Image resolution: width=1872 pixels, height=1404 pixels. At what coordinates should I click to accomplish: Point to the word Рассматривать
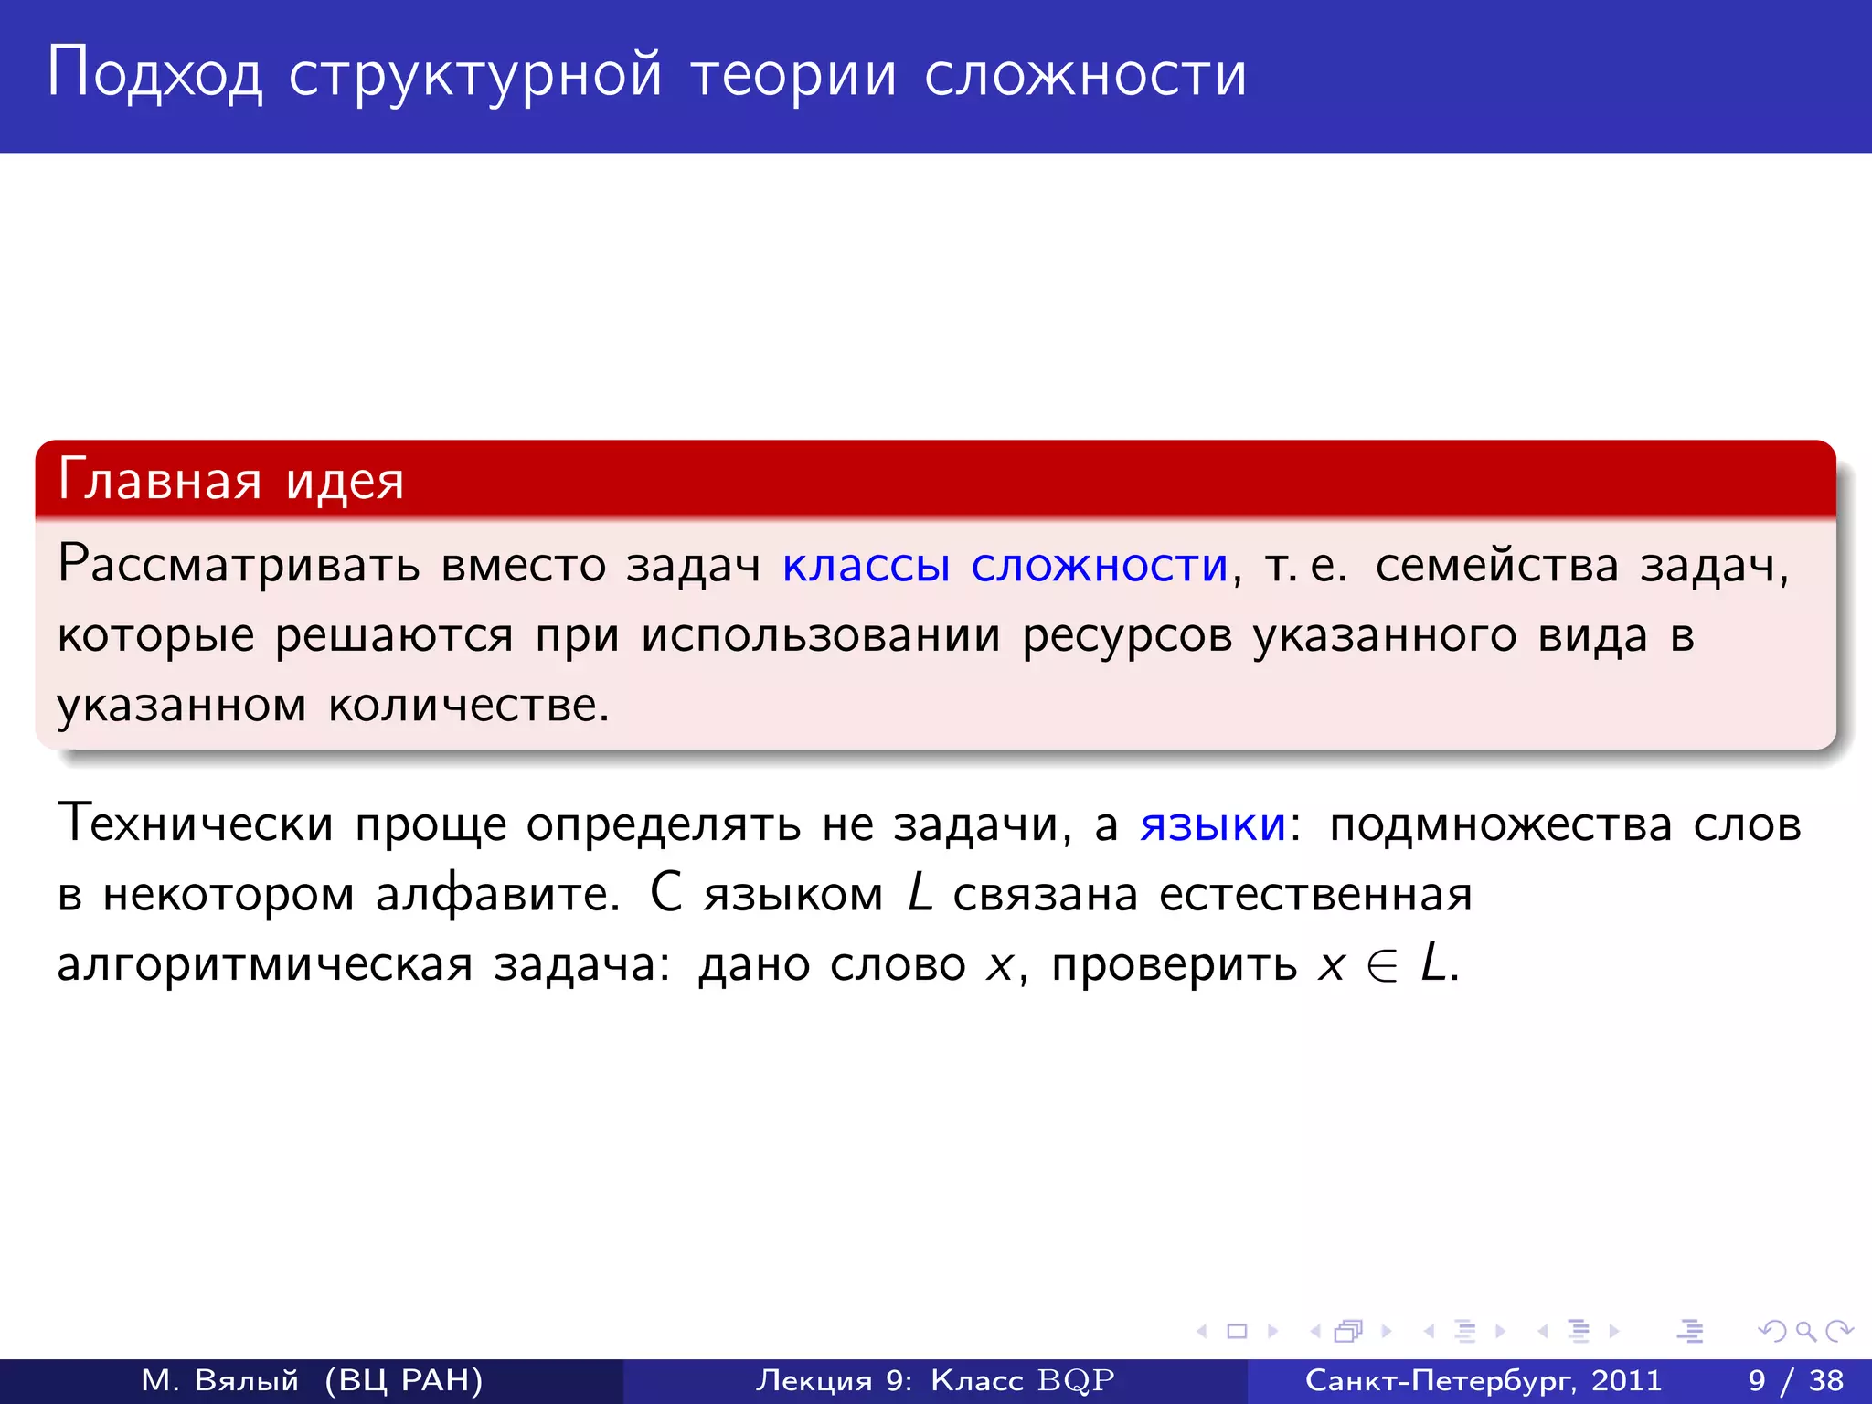click(239, 564)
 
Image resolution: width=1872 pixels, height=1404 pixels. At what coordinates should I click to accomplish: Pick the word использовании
click(820, 634)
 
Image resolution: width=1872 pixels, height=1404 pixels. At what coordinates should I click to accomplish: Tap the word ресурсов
click(1126, 634)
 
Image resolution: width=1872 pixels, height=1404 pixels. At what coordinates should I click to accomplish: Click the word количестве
click(468, 705)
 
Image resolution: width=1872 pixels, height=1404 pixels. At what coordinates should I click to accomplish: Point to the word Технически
click(195, 824)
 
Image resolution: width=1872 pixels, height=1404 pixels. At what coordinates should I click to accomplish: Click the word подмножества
click(1500, 824)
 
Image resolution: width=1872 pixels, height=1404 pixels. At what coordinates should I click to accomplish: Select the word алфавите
click(498, 893)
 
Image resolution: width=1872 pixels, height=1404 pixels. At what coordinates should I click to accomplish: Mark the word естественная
click(1315, 893)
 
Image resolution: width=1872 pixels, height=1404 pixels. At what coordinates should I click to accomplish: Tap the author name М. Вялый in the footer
click(220, 1380)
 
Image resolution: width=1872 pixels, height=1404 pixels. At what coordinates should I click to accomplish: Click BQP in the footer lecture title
click(1076, 1380)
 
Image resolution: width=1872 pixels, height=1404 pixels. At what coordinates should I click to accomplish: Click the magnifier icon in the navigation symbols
click(1805, 1332)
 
